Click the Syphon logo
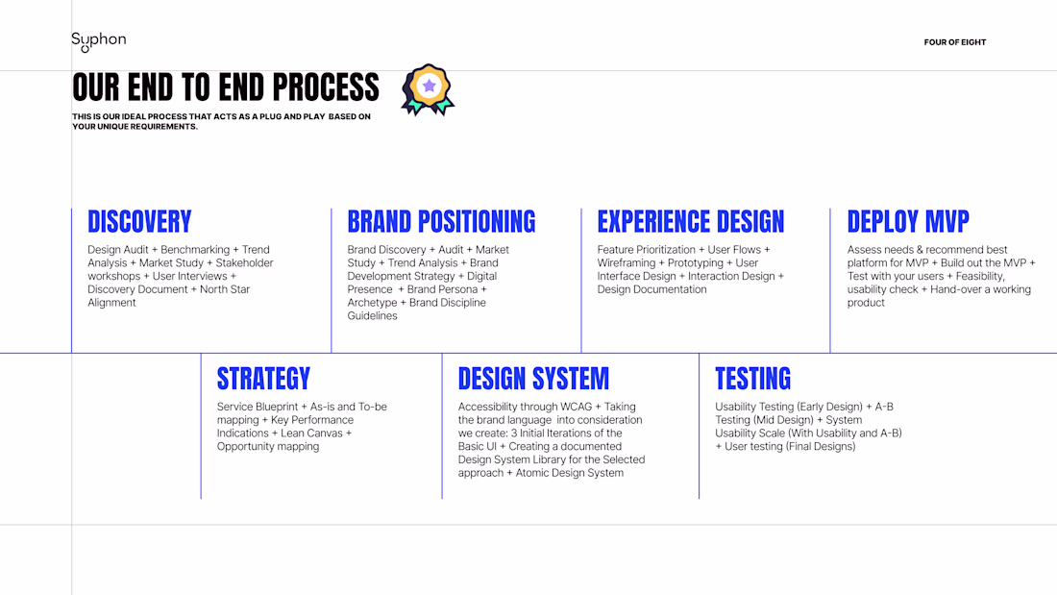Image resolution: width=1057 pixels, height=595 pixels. point(98,41)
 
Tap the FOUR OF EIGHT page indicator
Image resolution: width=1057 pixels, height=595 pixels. point(954,42)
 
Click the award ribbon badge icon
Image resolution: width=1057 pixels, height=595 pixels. point(428,89)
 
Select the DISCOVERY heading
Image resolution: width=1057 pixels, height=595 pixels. point(139,222)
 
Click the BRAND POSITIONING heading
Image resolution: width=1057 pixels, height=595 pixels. point(442,222)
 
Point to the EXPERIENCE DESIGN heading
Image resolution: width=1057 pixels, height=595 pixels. point(691,222)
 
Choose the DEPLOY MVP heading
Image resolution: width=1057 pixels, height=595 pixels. point(908,222)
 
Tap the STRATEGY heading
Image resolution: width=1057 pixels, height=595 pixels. point(263,379)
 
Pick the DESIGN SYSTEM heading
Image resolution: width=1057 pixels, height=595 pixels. point(533,379)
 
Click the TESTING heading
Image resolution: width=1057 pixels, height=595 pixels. point(753,379)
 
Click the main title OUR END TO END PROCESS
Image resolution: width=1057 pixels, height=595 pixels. point(226,87)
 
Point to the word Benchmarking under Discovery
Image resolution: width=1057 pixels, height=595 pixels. point(195,250)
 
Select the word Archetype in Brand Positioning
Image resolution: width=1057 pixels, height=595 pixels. point(372,303)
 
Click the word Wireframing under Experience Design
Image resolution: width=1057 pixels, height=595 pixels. point(627,263)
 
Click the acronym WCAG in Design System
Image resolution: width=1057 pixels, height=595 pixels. point(575,407)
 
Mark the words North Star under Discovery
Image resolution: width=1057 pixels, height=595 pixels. point(225,289)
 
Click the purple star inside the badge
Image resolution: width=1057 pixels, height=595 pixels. point(429,86)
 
